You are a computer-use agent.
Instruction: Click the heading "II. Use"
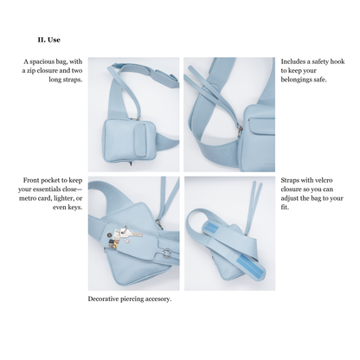(48, 40)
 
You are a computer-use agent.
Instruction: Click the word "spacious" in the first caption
(42, 61)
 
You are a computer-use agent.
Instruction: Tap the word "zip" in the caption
(31, 71)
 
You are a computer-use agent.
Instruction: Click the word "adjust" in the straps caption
(290, 198)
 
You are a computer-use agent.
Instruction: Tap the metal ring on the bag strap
(167, 253)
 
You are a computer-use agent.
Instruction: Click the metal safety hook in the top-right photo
(240, 130)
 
